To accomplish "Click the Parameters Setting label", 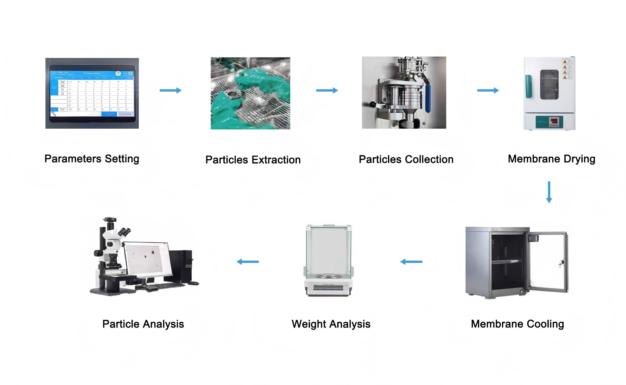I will [92, 159].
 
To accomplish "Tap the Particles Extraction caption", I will [253, 160].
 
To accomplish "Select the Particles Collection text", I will [406, 159].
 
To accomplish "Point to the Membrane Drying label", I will [551, 159].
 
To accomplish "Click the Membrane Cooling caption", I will [517, 324].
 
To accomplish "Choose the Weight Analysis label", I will [331, 324].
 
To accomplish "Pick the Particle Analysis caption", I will [143, 324].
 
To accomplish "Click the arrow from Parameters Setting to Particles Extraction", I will [170, 90].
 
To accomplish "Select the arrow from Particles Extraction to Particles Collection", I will [327, 90].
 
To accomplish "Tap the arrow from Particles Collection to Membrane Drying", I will [488, 90].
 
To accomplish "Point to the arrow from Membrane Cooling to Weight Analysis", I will [411, 262].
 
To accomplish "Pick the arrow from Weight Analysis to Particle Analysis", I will [248, 262].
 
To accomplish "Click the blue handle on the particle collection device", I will [428, 98].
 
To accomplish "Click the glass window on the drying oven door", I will [549, 85].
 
